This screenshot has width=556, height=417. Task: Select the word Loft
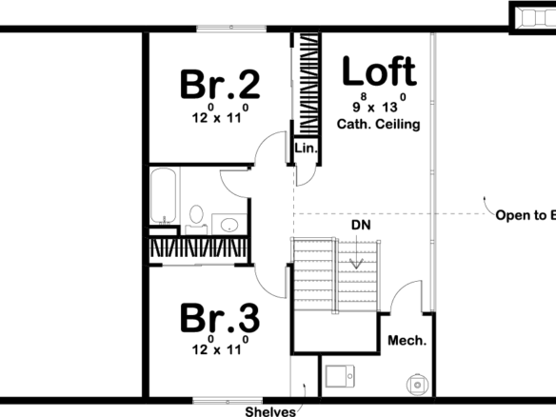(x=378, y=71)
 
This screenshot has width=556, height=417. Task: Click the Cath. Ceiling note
(x=378, y=125)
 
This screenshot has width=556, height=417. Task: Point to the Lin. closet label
(x=306, y=149)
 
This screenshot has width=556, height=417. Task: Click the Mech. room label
(x=407, y=340)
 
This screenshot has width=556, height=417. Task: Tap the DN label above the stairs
(x=360, y=226)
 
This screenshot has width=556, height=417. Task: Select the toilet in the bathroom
(x=196, y=218)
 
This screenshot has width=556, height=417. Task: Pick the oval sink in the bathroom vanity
(x=228, y=225)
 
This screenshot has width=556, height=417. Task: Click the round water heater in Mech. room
(x=416, y=384)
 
